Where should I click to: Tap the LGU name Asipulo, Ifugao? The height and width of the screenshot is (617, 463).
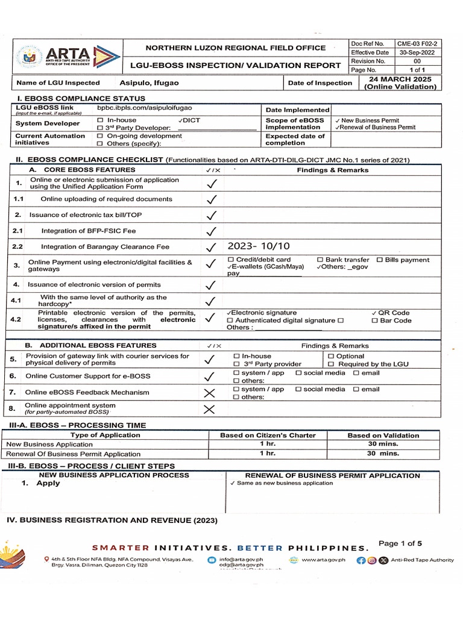point(149,83)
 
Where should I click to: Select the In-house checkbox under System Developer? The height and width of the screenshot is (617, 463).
point(101,121)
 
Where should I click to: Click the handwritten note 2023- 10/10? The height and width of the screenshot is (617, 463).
point(259,246)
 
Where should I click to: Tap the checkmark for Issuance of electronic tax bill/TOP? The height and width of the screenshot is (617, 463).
point(211,215)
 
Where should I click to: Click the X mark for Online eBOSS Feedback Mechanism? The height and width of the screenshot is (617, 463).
point(209,393)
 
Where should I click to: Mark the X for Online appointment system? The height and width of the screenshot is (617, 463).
point(209,410)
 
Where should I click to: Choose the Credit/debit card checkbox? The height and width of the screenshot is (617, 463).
point(231,260)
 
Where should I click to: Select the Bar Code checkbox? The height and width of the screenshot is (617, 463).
point(374,321)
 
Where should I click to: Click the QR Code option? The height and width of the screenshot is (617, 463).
point(391,313)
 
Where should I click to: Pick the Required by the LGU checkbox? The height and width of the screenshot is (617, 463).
point(331,365)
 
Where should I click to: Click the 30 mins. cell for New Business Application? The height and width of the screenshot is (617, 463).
point(383,444)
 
